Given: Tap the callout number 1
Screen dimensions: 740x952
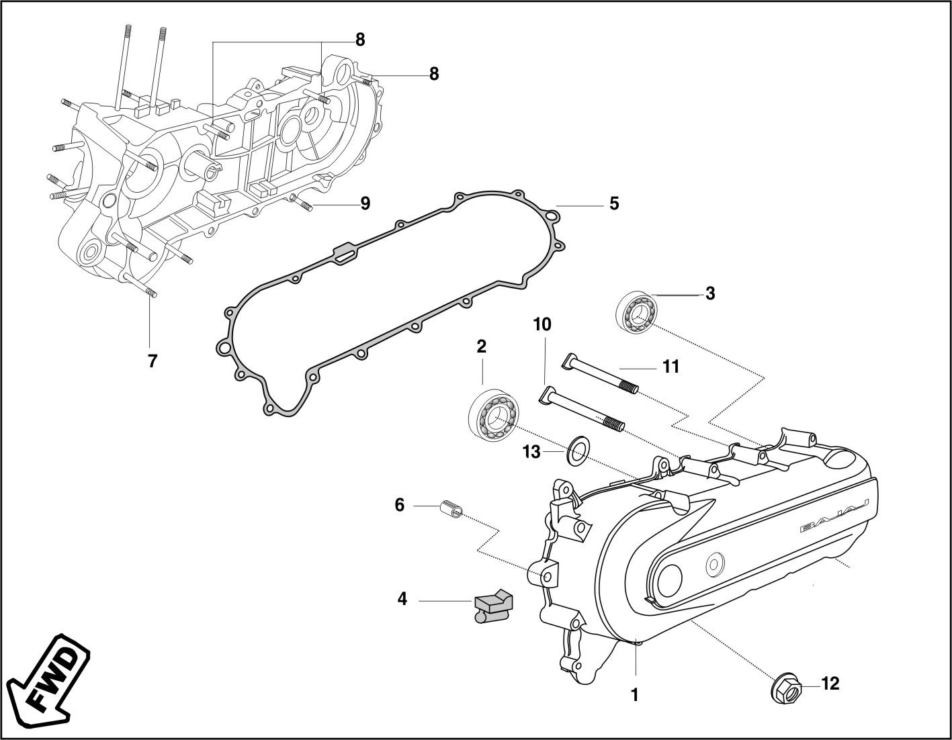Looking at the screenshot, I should tap(634, 696).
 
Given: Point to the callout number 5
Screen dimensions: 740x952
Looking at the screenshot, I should tap(613, 203).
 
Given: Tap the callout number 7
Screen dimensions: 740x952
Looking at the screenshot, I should tap(153, 361).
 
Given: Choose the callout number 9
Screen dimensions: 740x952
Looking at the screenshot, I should tap(365, 203).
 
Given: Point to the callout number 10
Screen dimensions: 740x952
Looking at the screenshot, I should tap(542, 324).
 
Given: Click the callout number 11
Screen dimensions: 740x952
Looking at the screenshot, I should tap(670, 367).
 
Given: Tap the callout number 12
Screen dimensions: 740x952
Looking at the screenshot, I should tap(830, 684).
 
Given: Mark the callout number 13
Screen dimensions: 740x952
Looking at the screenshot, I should tap(531, 452).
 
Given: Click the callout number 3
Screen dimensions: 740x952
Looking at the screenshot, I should tap(710, 293).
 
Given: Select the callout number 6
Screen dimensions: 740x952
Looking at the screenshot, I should tap(399, 505).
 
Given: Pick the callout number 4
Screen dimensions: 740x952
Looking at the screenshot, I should tap(402, 598).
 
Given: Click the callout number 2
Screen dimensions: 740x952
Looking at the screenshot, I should tap(481, 346).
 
